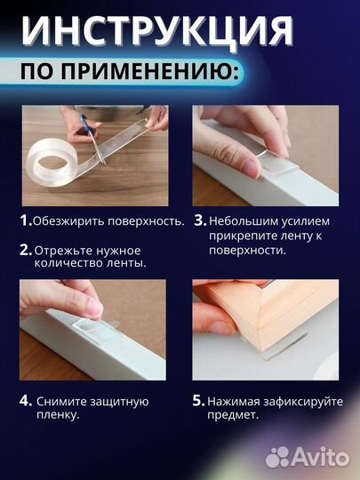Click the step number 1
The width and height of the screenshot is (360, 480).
click(25, 220)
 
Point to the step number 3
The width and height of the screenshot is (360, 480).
click(199, 220)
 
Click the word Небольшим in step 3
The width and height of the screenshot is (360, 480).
click(246, 220)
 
